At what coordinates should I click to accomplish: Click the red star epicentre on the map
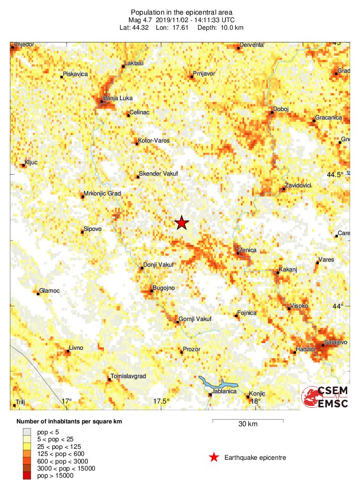point(181,223)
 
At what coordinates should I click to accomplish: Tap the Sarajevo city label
point(335,342)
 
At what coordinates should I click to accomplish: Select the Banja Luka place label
point(118,98)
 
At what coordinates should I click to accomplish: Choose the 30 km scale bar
point(248,420)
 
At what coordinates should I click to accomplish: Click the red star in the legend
point(214,457)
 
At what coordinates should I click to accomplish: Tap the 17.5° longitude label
point(161,402)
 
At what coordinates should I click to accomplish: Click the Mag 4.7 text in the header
point(141,20)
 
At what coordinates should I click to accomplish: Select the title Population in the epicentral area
point(181,12)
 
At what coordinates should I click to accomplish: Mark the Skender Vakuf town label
point(158,174)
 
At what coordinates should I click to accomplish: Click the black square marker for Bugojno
point(151,291)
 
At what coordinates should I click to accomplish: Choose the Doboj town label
point(281,110)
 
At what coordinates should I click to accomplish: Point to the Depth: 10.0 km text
point(220,28)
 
